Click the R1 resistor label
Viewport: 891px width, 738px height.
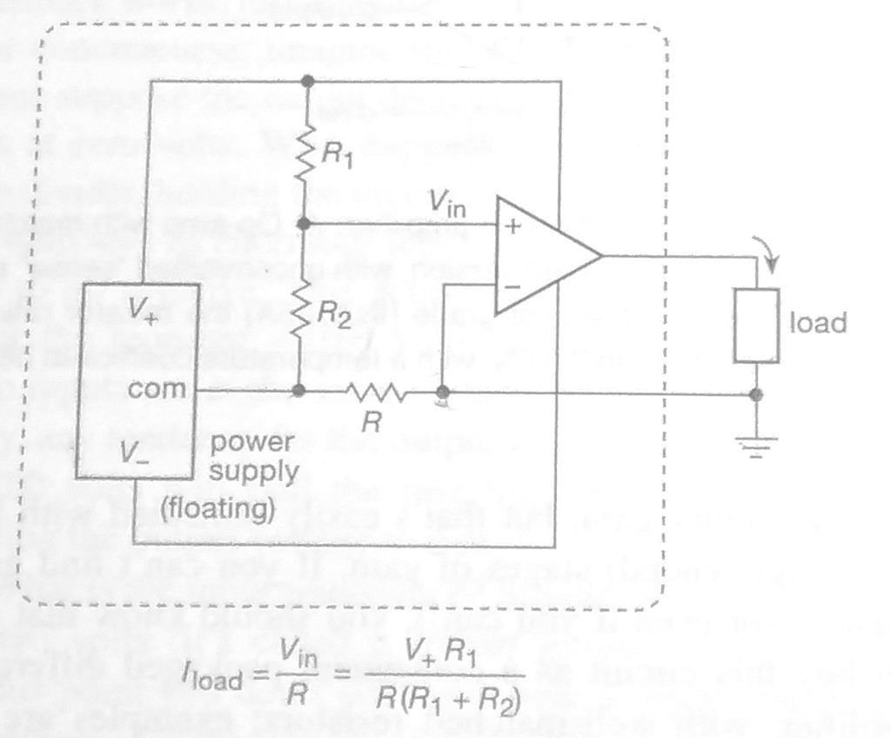tap(336, 158)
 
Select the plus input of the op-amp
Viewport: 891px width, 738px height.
tap(512, 227)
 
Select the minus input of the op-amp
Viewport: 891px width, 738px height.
tap(512, 285)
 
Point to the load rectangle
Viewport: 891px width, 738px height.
tap(755, 325)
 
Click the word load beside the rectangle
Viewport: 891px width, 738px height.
tap(817, 324)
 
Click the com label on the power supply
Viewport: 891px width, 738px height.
tap(158, 388)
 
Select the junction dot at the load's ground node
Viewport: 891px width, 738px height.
tap(756, 394)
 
